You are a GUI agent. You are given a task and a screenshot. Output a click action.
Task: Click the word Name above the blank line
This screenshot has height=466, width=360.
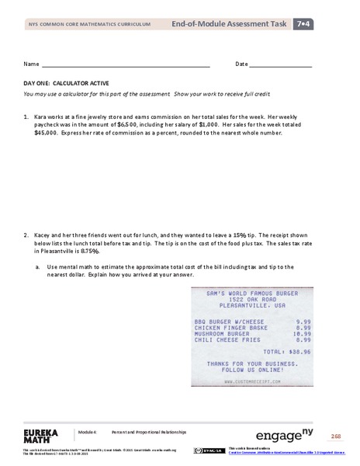point(31,64)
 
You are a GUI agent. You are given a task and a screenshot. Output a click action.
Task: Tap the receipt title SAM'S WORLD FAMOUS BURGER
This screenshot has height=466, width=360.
point(254,293)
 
